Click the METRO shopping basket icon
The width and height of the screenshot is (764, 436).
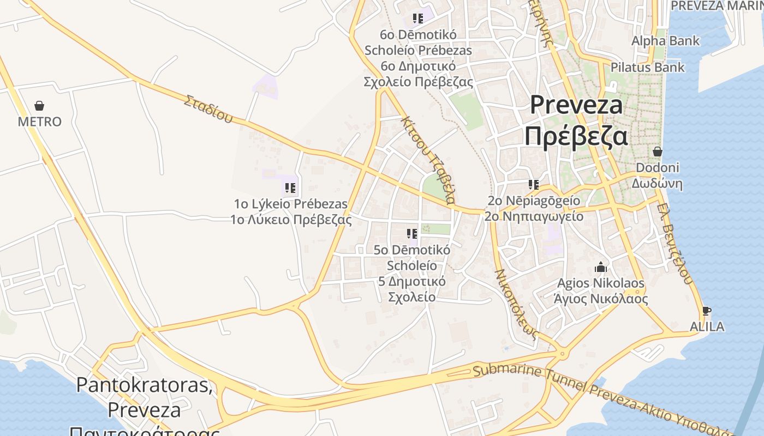click(39, 105)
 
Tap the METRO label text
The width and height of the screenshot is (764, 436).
click(40, 122)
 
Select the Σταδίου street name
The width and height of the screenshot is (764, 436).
click(208, 109)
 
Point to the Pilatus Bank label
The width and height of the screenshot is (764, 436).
click(647, 68)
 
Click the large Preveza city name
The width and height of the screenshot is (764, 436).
click(576, 105)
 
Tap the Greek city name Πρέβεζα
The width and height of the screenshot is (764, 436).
click(576, 136)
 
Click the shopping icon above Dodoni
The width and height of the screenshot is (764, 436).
click(658, 151)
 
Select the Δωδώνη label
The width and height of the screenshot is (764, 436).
click(657, 183)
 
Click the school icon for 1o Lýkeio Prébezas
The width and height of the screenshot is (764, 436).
click(290, 188)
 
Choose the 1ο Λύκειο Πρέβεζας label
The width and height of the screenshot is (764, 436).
click(291, 220)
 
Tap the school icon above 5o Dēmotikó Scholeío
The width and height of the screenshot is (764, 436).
click(412, 234)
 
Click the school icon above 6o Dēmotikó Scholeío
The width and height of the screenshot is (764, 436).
click(418, 19)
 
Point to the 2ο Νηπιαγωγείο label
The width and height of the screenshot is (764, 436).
click(534, 216)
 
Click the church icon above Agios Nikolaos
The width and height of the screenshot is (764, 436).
click(601, 267)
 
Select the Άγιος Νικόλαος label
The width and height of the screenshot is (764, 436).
click(600, 299)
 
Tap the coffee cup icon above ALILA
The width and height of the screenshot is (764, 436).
click(707, 311)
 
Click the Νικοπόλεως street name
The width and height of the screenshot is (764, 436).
click(516, 303)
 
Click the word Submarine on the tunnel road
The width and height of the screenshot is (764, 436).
click(500, 372)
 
